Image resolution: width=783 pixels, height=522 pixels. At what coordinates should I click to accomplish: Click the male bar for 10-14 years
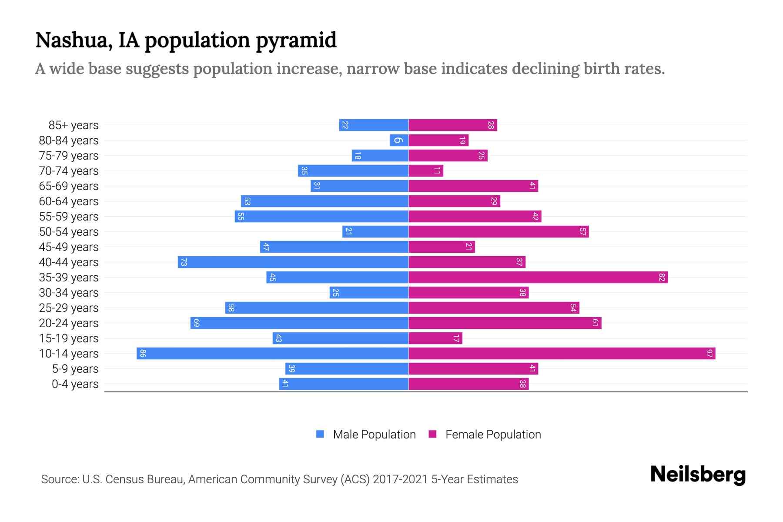[272, 353]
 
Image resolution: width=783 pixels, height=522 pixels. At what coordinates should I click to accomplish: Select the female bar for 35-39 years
[538, 277]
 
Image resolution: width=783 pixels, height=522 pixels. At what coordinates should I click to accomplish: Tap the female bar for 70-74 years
[426, 171]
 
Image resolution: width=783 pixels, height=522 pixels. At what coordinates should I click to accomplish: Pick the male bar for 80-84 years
[399, 140]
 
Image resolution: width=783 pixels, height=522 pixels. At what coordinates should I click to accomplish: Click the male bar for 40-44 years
[293, 262]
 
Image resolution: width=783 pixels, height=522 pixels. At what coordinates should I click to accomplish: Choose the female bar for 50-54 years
[499, 231]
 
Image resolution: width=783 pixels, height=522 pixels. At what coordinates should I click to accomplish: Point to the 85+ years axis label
[73, 125]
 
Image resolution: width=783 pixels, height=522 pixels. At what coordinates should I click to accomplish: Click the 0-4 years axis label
[75, 384]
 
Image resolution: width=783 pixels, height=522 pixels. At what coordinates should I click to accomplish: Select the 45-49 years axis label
[69, 247]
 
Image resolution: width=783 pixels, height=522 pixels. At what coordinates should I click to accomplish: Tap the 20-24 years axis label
[69, 323]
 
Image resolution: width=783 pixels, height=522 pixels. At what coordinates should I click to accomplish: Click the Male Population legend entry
[366, 434]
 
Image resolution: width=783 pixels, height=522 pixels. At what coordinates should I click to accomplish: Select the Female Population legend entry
[485, 434]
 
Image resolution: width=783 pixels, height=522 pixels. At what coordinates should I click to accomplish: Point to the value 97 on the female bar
[709, 353]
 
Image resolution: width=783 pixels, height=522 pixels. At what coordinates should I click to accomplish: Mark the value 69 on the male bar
[196, 323]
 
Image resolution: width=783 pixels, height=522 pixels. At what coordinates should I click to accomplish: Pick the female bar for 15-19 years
[435, 338]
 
